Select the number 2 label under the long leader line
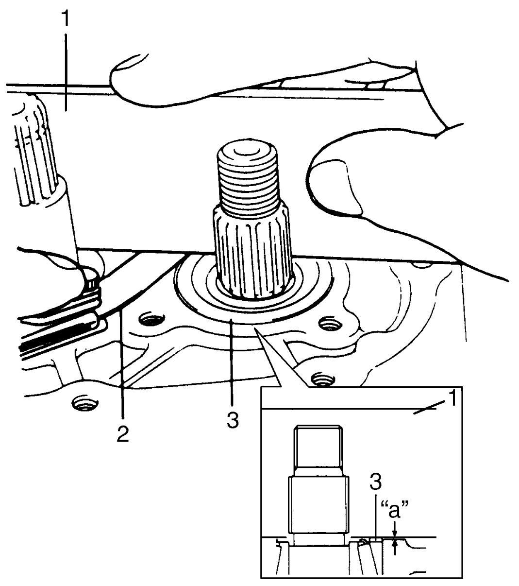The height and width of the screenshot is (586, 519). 123,433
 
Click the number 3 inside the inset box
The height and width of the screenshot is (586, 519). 376,481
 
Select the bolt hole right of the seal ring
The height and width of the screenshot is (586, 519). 331,324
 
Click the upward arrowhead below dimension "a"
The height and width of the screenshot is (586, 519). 395,543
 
